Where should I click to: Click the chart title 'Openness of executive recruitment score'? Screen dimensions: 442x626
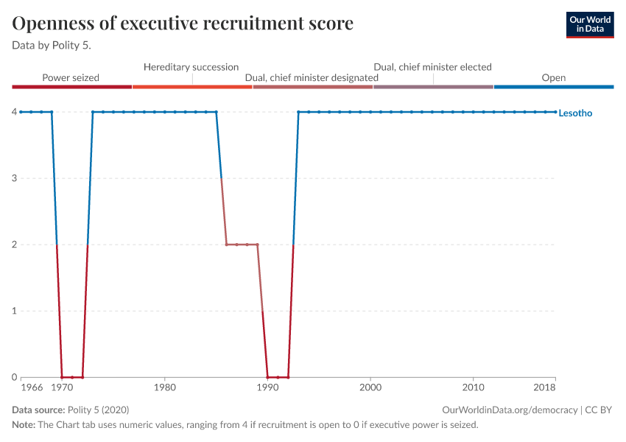click(x=183, y=24)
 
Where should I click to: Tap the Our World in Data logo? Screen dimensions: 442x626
click(x=590, y=24)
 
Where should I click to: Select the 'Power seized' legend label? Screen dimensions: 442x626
click(x=71, y=77)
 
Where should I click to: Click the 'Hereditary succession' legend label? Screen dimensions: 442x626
click(x=191, y=67)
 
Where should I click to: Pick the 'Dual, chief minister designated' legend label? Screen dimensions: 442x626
click(x=312, y=77)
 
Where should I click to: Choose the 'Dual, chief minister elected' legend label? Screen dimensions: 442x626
click(x=432, y=67)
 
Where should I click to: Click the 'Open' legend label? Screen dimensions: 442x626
click(x=554, y=77)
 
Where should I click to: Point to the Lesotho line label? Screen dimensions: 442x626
click(x=575, y=113)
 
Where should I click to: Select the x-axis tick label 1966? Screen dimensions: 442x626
click(x=31, y=387)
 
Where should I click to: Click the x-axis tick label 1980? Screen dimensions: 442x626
click(x=165, y=387)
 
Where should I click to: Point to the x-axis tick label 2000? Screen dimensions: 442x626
click(x=370, y=387)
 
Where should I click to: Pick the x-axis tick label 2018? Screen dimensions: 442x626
click(x=544, y=387)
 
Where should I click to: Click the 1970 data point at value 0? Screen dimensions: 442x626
click(x=62, y=377)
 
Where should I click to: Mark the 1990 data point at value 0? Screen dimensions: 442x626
click(x=267, y=377)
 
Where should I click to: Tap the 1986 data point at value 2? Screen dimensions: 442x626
click(x=227, y=245)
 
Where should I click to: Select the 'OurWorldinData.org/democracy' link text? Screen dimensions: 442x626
click(x=510, y=410)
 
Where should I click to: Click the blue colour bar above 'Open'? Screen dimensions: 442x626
click(x=554, y=87)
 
